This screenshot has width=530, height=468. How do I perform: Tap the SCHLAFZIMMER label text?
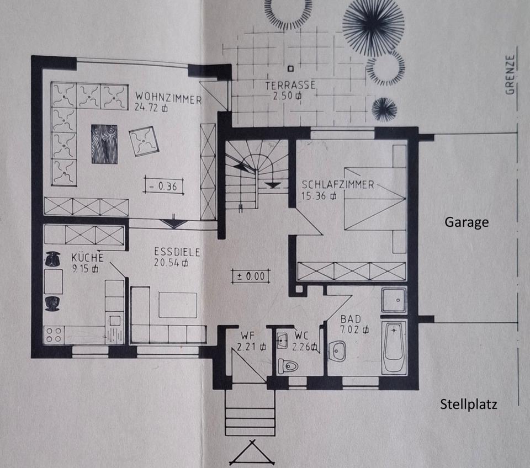(x=337, y=185)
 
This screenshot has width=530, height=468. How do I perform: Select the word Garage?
(x=467, y=222)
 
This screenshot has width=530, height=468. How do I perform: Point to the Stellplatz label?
(x=469, y=404)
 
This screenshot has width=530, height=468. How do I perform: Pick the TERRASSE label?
(x=290, y=86)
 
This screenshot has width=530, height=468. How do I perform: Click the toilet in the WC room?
(x=288, y=365)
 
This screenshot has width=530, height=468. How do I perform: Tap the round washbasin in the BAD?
(x=337, y=349)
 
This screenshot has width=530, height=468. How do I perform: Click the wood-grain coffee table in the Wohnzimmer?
(x=104, y=143)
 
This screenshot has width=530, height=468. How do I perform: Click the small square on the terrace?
(x=290, y=69)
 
